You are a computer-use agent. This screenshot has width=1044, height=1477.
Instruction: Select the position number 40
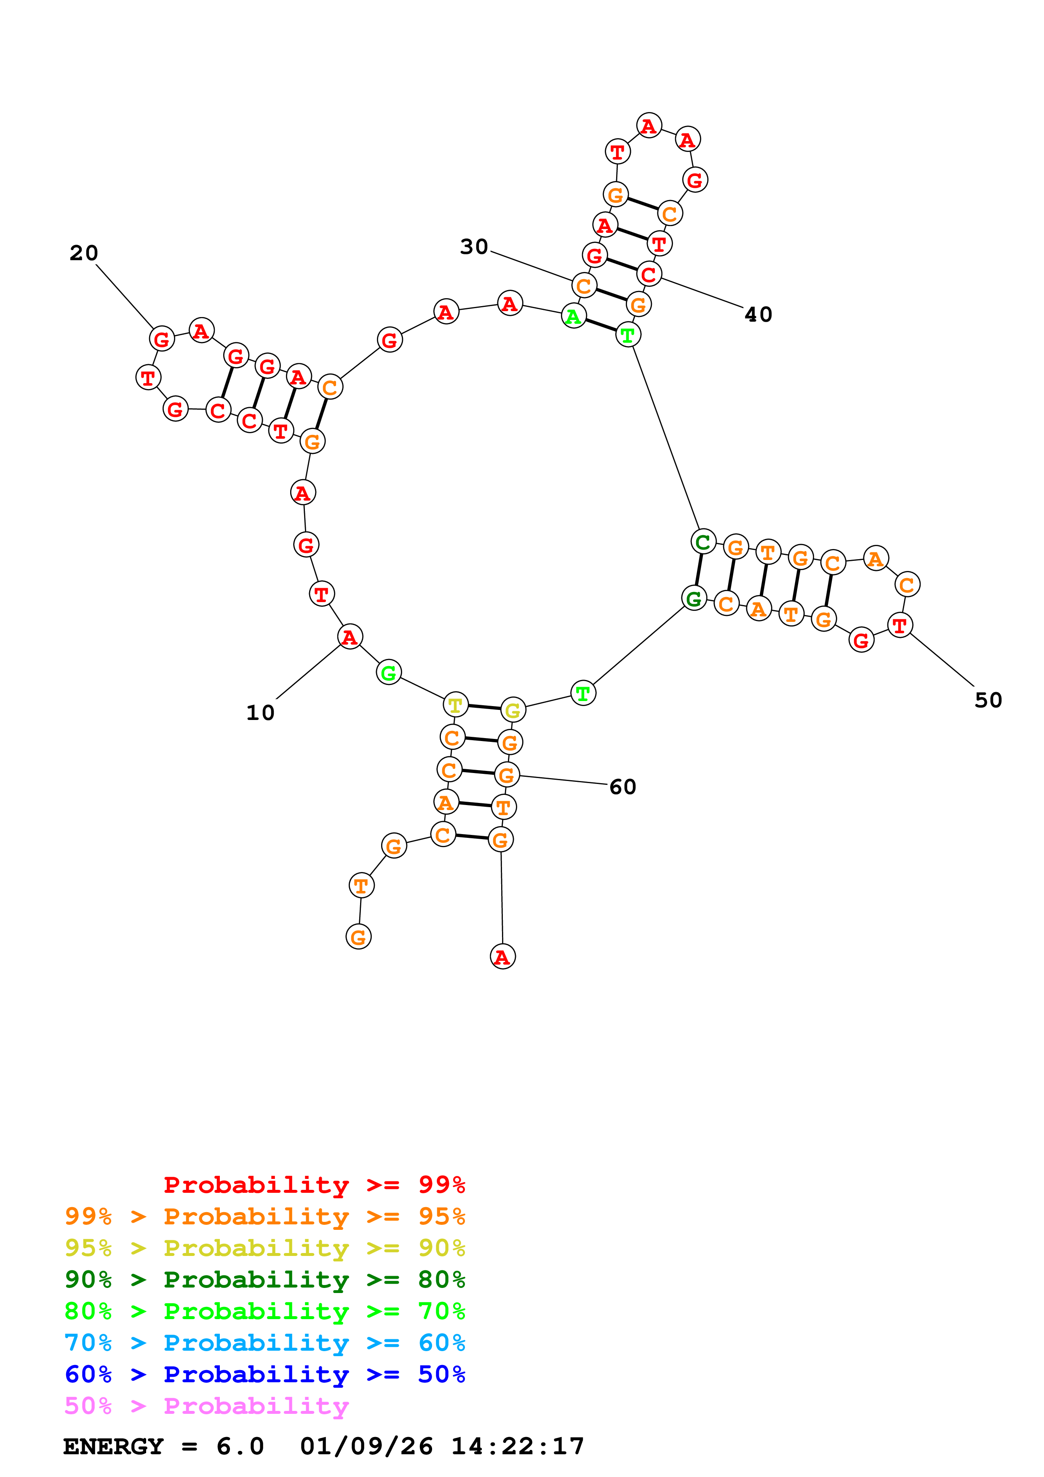click(x=758, y=314)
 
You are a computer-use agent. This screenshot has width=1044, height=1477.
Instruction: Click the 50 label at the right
click(x=988, y=700)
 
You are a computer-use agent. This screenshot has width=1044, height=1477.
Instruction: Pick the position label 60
click(x=623, y=787)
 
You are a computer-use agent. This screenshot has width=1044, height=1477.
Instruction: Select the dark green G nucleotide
click(x=694, y=598)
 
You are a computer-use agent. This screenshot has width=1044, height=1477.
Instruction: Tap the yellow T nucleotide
click(x=455, y=705)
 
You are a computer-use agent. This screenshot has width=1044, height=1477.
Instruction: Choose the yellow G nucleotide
click(x=513, y=710)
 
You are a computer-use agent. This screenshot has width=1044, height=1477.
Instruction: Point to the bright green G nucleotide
click(x=389, y=673)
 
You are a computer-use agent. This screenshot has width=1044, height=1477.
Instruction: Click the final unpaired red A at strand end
click(x=502, y=957)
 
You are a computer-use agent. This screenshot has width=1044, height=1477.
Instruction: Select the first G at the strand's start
click(x=358, y=937)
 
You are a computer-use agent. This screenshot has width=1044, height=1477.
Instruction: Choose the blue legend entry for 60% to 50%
click(x=264, y=1374)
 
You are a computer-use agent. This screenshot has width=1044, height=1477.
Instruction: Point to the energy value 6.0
click(x=240, y=1446)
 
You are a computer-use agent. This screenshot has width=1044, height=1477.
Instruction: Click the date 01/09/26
click(x=367, y=1446)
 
